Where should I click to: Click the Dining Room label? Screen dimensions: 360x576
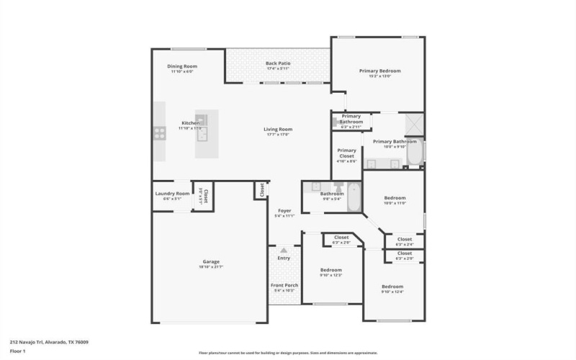[183, 66]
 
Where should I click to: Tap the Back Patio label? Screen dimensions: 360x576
[277, 64]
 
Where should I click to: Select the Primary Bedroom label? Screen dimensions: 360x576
[379, 71]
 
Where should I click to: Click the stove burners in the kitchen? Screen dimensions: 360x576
[159, 132]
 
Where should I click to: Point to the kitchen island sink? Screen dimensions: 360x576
[203, 131]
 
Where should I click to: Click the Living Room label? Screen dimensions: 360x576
[277, 130]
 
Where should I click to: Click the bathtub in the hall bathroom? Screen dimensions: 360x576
[354, 198]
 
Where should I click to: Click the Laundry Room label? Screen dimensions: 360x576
[172, 194]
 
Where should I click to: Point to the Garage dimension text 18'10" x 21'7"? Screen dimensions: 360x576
[210, 266]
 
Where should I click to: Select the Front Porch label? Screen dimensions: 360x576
[284, 285]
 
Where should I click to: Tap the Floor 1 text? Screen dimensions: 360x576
[17, 351]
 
